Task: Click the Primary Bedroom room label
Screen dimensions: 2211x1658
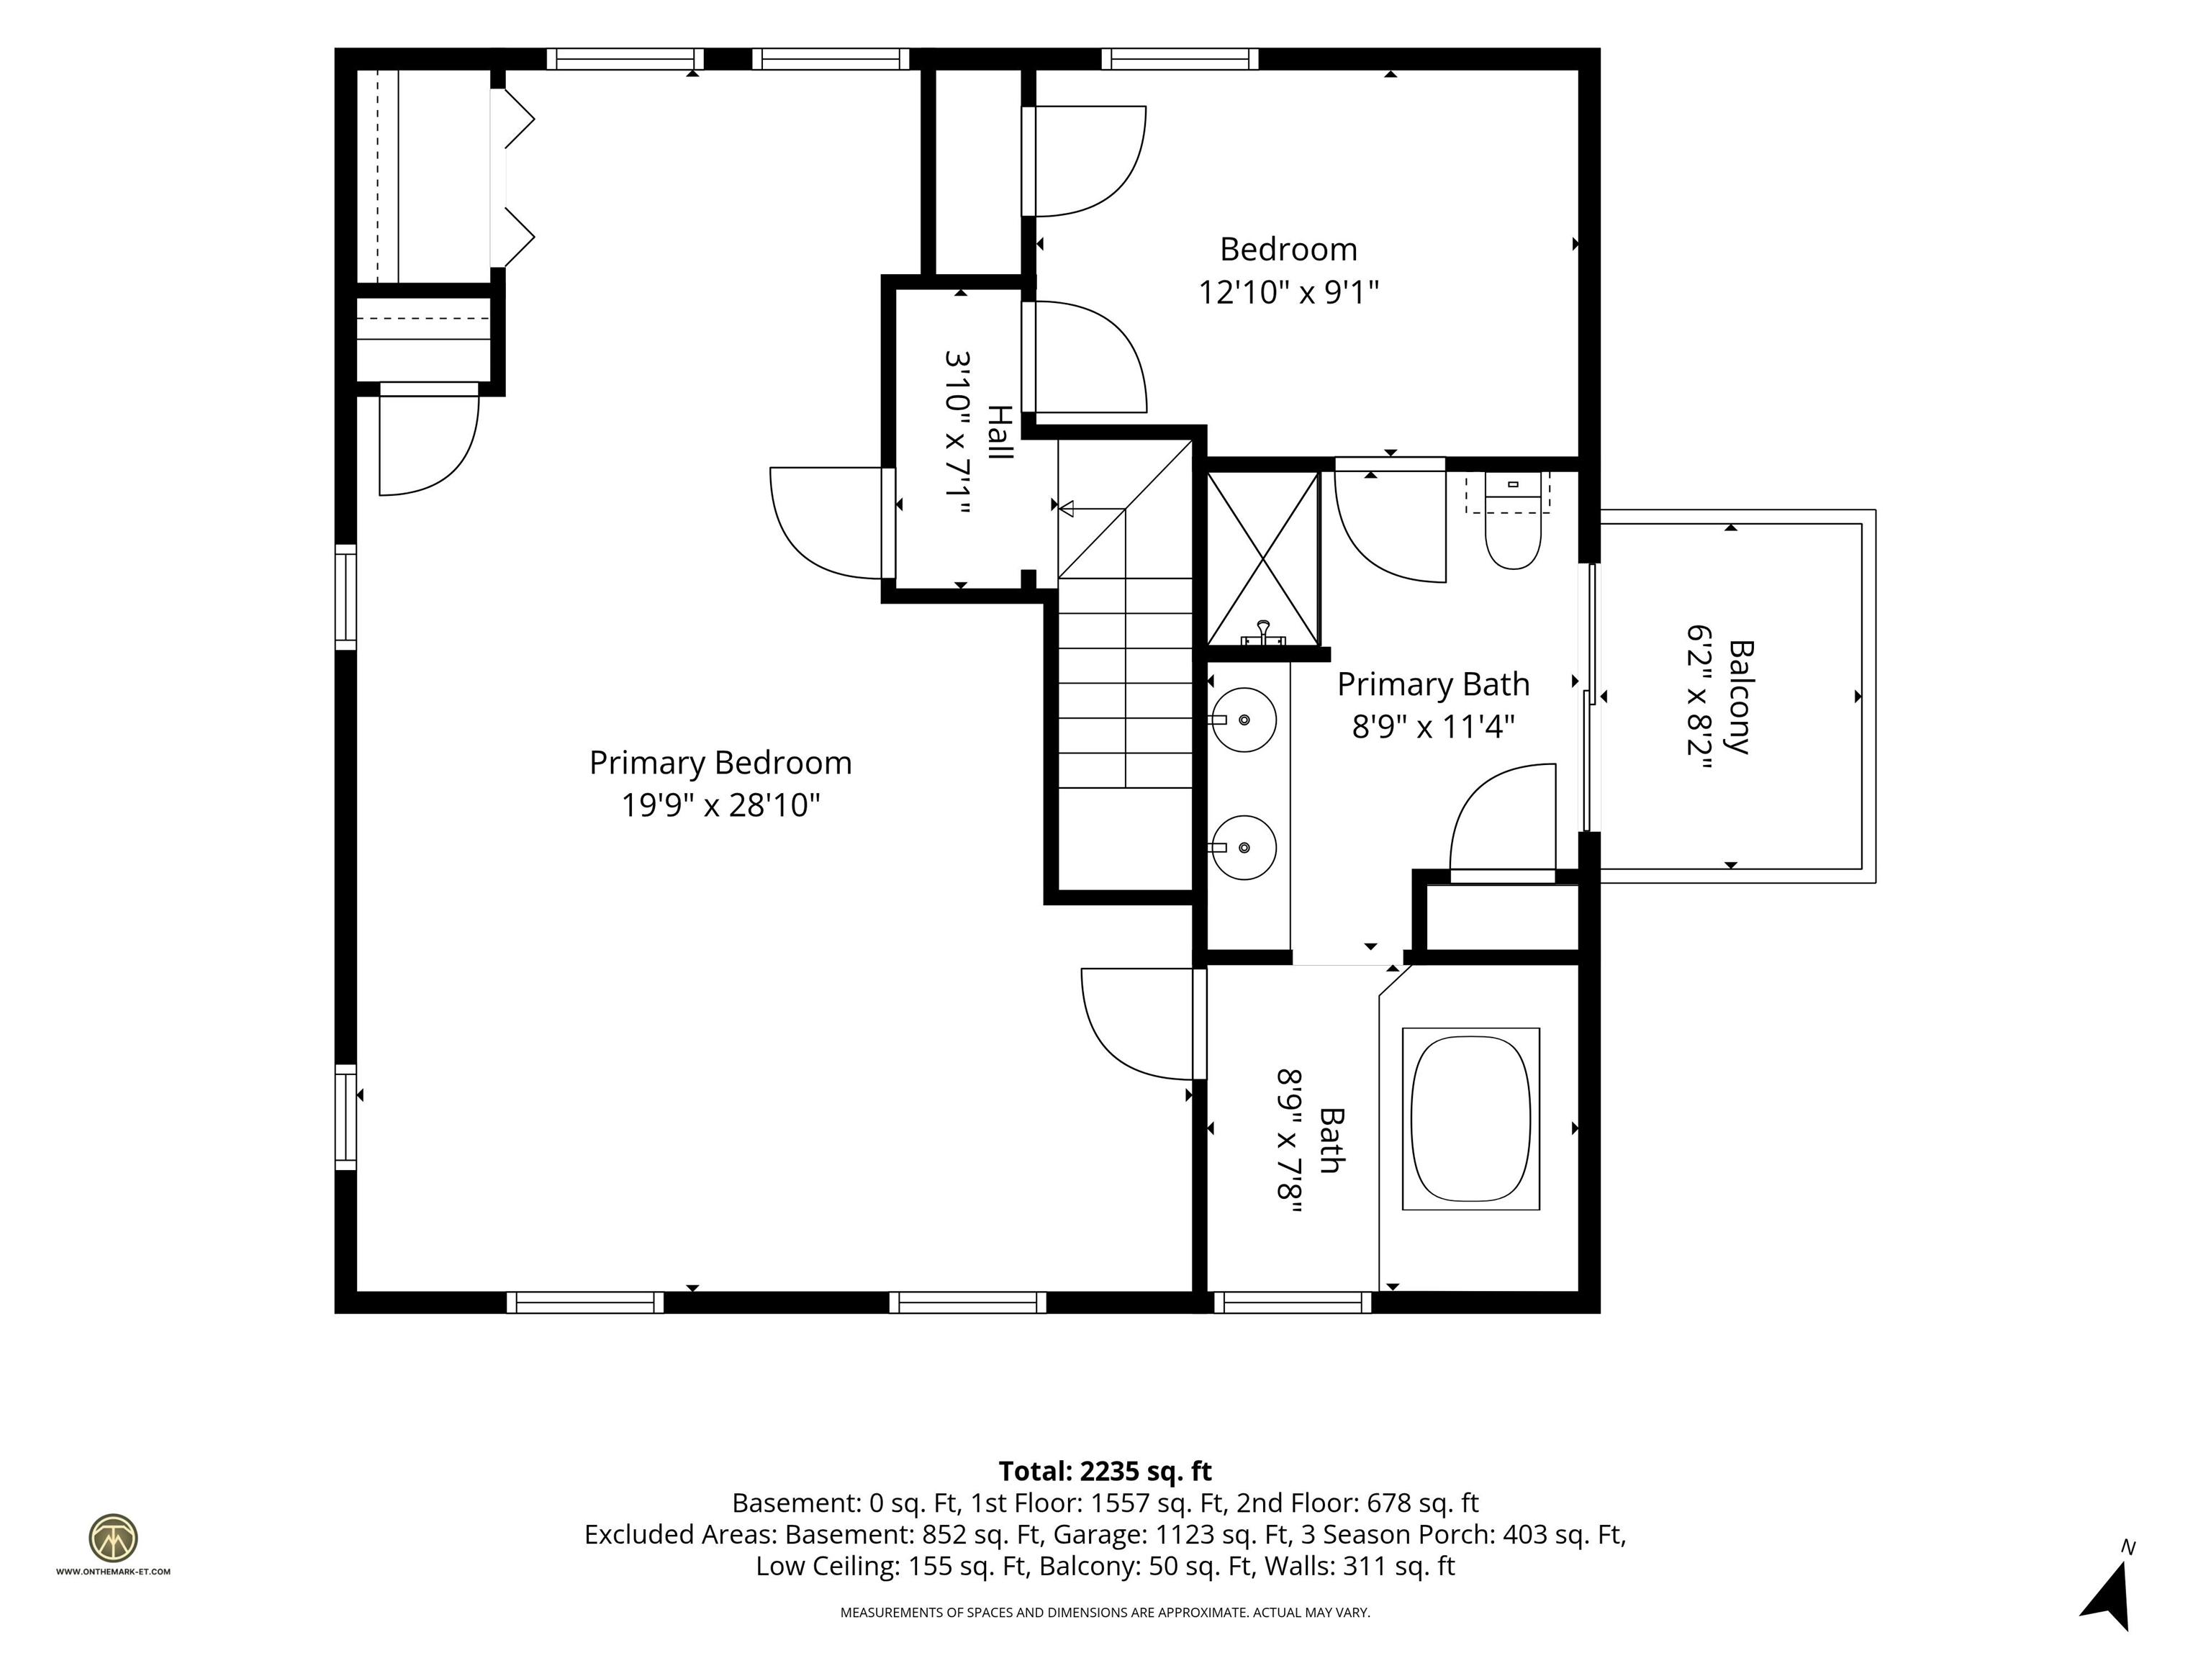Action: [720, 763]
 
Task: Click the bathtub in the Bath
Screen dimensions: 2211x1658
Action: [1470, 1118]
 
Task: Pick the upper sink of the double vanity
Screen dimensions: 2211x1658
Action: [1244, 720]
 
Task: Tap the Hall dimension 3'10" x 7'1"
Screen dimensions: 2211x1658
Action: [957, 432]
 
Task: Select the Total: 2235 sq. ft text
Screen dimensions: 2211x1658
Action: [1105, 1471]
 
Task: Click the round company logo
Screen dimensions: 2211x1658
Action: [113, 1538]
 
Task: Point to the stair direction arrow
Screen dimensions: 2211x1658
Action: [1092, 509]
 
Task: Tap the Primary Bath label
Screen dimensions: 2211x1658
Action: [1434, 684]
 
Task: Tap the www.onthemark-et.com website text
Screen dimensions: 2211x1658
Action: [113, 1571]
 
